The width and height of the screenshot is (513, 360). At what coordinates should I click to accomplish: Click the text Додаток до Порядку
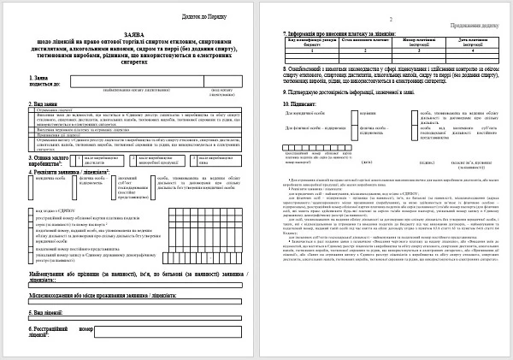[203, 16]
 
